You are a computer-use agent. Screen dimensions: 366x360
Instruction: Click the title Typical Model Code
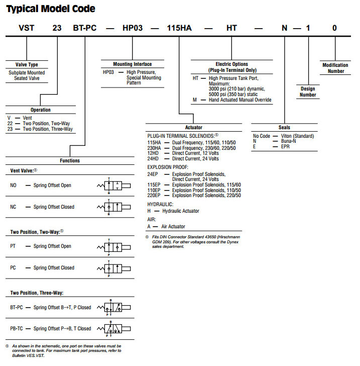click(51, 9)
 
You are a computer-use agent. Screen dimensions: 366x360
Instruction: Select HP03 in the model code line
click(133, 28)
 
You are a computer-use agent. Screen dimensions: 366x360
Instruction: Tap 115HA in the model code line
click(178, 28)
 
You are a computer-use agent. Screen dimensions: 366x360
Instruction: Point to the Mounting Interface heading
click(133, 64)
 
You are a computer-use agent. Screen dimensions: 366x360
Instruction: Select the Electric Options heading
click(231, 67)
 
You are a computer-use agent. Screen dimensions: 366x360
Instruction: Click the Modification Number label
click(335, 68)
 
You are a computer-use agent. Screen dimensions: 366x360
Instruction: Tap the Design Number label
click(308, 91)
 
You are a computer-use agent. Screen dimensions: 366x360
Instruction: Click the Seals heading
click(284, 128)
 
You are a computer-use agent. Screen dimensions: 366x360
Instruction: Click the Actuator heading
click(193, 128)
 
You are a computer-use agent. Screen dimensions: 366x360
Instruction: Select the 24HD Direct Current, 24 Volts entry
click(183, 159)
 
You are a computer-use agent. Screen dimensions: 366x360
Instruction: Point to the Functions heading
click(70, 161)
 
